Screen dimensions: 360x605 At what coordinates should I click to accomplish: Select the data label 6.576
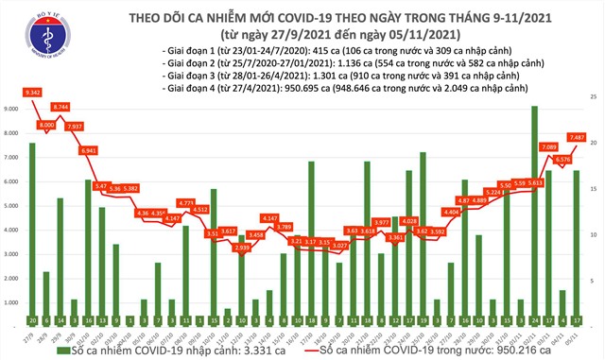coord(562,159)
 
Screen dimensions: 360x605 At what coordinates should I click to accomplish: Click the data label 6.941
coord(89,151)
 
